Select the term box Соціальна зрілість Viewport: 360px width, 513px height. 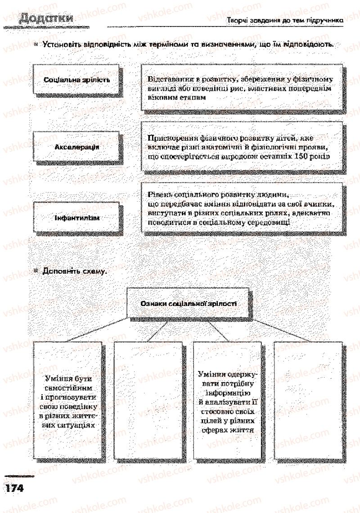(x=77, y=80)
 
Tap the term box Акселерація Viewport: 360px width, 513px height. (x=77, y=147)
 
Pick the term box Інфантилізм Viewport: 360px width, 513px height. (x=77, y=218)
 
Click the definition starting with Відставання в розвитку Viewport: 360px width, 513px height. (x=243, y=88)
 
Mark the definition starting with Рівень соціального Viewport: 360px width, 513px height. (x=243, y=208)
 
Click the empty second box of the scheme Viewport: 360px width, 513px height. (x=148, y=400)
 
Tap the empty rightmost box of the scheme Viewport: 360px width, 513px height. (x=309, y=400)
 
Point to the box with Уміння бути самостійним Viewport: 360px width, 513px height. (x=68, y=400)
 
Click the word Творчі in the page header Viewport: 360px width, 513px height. (x=237, y=20)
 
